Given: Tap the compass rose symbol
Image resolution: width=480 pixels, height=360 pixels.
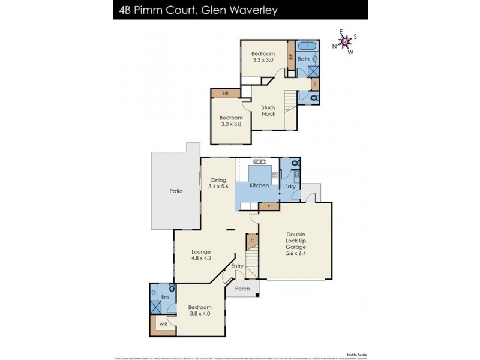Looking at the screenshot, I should click(x=346, y=42).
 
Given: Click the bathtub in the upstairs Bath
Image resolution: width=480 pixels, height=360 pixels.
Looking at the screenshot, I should click(x=308, y=46).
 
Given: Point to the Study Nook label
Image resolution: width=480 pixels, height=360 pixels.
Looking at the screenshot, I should click(x=268, y=110).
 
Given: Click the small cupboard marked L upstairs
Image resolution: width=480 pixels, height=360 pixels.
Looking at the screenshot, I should click(x=316, y=85).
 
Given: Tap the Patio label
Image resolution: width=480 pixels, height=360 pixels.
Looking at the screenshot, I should click(x=176, y=191).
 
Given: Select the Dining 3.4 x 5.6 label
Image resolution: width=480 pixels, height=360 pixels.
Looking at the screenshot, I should click(x=218, y=183).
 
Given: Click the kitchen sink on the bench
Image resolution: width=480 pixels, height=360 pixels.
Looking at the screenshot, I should click(x=260, y=162).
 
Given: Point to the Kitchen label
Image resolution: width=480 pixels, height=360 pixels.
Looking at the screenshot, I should click(x=259, y=185).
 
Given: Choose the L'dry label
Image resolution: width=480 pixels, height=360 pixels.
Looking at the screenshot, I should click(x=289, y=185).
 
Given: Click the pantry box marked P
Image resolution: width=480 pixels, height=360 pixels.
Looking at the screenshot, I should click(x=268, y=206).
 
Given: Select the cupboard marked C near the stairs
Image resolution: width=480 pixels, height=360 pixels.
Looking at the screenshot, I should click(x=253, y=242).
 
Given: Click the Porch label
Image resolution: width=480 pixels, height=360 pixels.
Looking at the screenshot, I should click(x=242, y=288).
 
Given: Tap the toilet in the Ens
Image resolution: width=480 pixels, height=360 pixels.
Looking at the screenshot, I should click(x=172, y=289).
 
